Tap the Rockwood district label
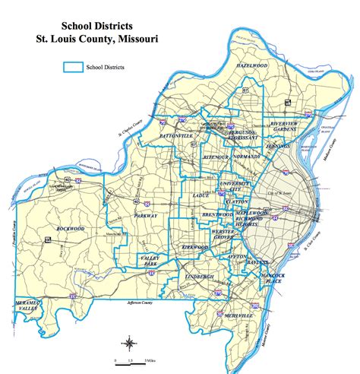pyautogui.click(x=68, y=228)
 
